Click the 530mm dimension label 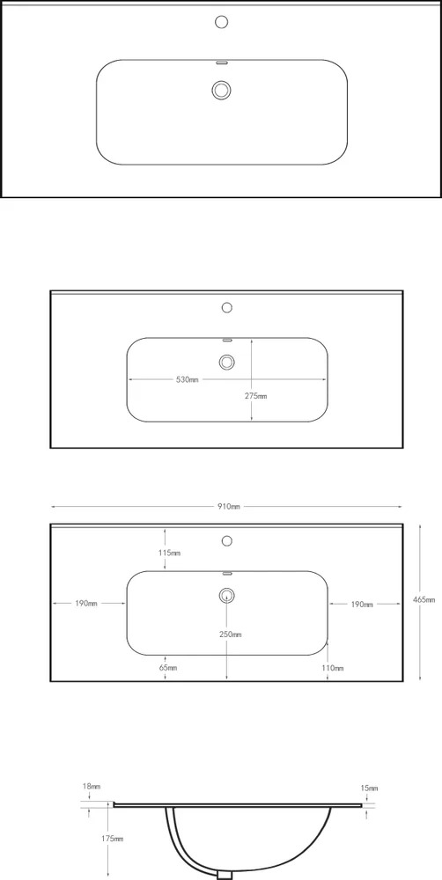pos(187,380)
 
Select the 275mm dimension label pos(255,396)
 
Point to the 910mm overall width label pos(229,506)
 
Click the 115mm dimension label pos(169,554)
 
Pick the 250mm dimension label pos(231,634)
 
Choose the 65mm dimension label pos(168,668)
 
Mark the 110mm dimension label pos(333,668)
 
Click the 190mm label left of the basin pos(86,604)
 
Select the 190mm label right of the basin pos(362,605)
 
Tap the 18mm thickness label pos(91,787)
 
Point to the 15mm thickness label pos(370,788)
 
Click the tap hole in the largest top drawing pos(222,22)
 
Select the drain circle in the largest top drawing pos(222,90)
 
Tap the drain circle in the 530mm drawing pos(227,362)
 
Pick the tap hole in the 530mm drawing pos(227,307)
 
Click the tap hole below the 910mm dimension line pos(227,541)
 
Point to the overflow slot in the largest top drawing pos(222,62)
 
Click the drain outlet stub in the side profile pos(225,875)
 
